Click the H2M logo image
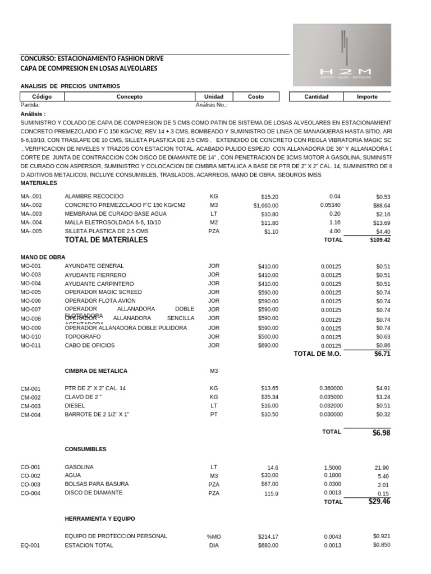coord(342,55)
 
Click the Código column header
coord(42,96)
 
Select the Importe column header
coord(367,96)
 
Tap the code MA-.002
coord(31,205)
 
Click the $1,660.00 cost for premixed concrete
coord(265,205)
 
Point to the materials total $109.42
coord(380,240)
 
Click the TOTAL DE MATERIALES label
coord(106,240)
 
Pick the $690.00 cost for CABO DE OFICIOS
coord(268,345)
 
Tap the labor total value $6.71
coord(382,354)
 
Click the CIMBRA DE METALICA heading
coord(96,371)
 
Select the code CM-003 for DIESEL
coord(30,406)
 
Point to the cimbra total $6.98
coord(381,433)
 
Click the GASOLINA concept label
coord(79,467)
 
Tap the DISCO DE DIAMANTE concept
coord(93,493)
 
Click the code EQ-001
coord(30,545)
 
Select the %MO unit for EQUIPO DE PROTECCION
coord(214,536)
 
